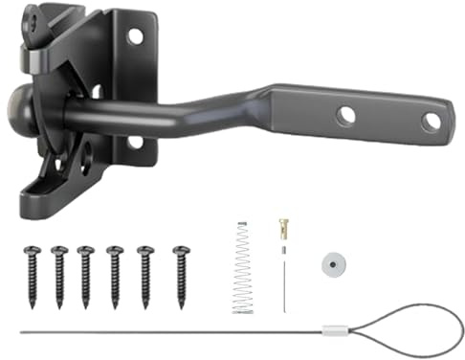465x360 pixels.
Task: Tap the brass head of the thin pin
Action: pyautogui.click(x=282, y=228)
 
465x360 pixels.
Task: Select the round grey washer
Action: pyautogui.click(x=333, y=265)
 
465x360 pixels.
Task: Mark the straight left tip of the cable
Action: pyautogui.click(x=21, y=333)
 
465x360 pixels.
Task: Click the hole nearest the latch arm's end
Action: pyautogui.click(x=431, y=121)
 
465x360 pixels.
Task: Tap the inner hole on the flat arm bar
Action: pyautogui.click(x=345, y=115)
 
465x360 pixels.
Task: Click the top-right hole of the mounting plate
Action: pyautogui.click(x=135, y=36)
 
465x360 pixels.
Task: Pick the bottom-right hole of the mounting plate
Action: pyautogui.click(x=135, y=142)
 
